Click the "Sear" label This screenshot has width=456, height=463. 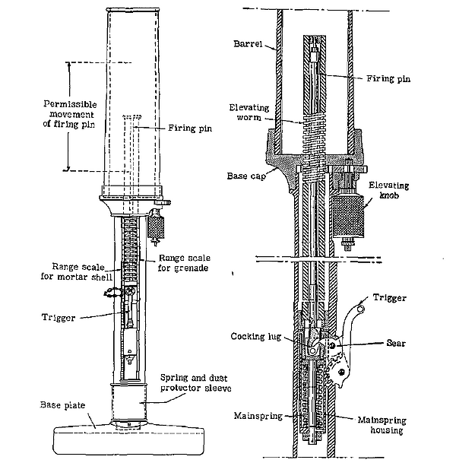tap(396, 344)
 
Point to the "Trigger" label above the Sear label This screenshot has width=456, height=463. tap(392, 298)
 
